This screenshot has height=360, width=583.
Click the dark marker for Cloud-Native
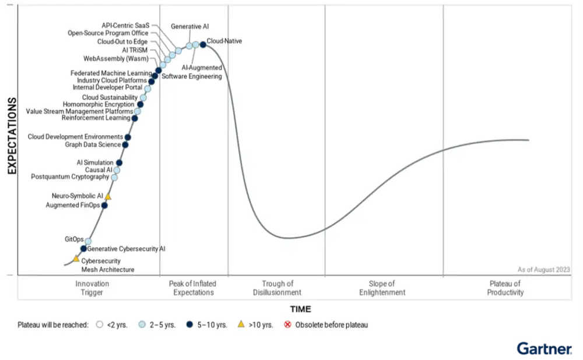[x=203, y=44]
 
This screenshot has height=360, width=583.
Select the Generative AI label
[x=189, y=26]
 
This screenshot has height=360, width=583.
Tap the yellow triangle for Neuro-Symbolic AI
[x=108, y=197]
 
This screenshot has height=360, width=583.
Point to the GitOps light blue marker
[x=88, y=241]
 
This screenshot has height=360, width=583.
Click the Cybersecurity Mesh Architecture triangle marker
[x=76, y=258]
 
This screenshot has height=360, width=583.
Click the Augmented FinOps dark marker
[x=104, y=205]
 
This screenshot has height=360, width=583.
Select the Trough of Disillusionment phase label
[x=277, y=288]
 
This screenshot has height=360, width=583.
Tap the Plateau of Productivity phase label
[x=505, y=288]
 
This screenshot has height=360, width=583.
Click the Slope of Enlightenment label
[x=382, y=288]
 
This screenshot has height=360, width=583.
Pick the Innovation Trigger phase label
[x=92, y=288]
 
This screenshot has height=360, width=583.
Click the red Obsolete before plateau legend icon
[x=287, y=324]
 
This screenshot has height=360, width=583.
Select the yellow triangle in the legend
[x=241, y=324]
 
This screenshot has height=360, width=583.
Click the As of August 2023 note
[x=543, y=269]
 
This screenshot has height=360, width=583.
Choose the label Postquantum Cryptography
[x=69, y=177]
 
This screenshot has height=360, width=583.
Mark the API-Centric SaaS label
[x=125, y=26]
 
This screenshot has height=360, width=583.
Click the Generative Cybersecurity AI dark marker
[x=83, y=249]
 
